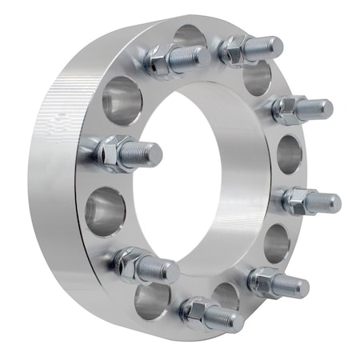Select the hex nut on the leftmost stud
click(114, 151)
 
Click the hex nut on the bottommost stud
click(196, 311)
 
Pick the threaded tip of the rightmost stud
click(326, 203)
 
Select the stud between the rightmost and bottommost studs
click(276, 282)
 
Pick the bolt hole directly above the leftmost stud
click(122, 101)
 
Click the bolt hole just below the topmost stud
click(258, 78)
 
